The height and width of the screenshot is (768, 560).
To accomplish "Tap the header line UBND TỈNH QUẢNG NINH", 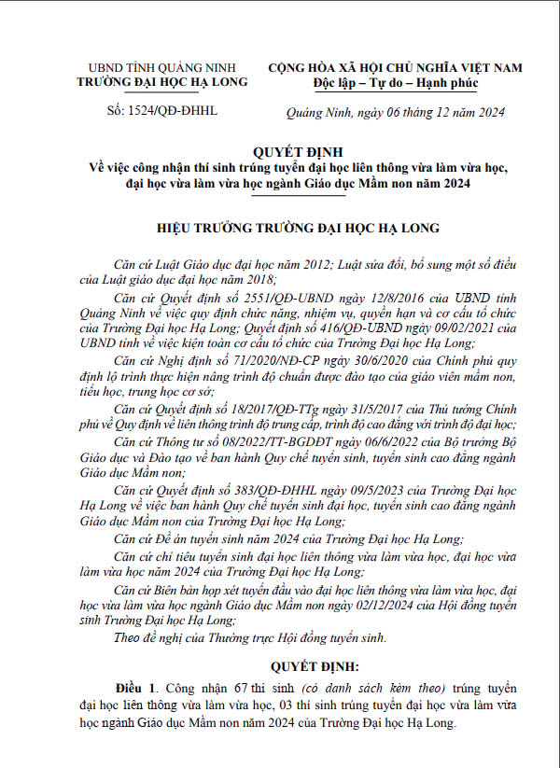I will point(161,68).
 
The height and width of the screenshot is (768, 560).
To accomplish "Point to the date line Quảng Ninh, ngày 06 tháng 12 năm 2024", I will point(395,113).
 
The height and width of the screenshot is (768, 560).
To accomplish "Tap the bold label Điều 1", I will point(136,688).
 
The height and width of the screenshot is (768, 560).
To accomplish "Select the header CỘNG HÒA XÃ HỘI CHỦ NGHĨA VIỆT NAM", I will point(395,68).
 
